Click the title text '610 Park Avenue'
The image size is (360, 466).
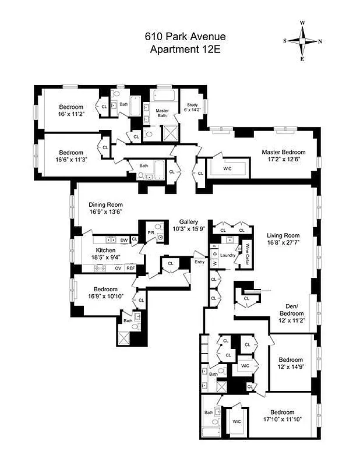185,37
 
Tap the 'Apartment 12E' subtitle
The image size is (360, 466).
185,49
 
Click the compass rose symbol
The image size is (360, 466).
302,41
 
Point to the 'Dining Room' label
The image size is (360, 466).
106,204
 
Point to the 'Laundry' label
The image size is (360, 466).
228,255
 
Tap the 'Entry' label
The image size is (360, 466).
199,262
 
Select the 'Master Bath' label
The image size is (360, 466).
163,113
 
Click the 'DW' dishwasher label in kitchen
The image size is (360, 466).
123,240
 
